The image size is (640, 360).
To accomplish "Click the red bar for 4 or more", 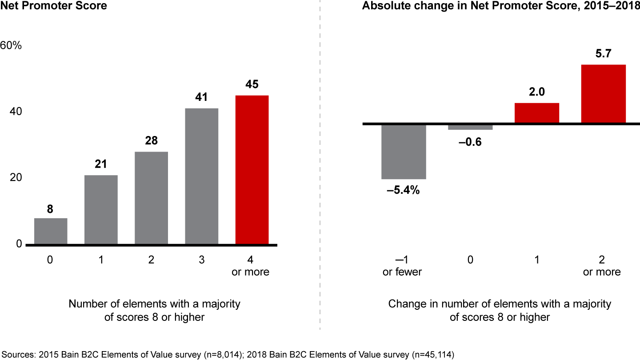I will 252,170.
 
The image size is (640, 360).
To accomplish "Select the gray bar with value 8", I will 51,231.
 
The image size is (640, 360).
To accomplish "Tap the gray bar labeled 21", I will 101,210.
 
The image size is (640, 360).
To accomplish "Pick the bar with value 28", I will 151,198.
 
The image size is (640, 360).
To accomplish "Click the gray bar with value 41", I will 201,176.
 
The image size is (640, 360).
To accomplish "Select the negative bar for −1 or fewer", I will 404,152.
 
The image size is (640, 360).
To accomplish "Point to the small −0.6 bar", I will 470,127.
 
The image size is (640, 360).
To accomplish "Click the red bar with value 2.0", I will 536,113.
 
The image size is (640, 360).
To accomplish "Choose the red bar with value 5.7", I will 603,94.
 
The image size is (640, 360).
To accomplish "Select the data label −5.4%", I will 404,192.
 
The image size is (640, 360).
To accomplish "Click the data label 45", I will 252,84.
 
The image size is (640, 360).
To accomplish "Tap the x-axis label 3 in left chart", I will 201,260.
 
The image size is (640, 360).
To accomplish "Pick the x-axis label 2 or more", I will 602,266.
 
